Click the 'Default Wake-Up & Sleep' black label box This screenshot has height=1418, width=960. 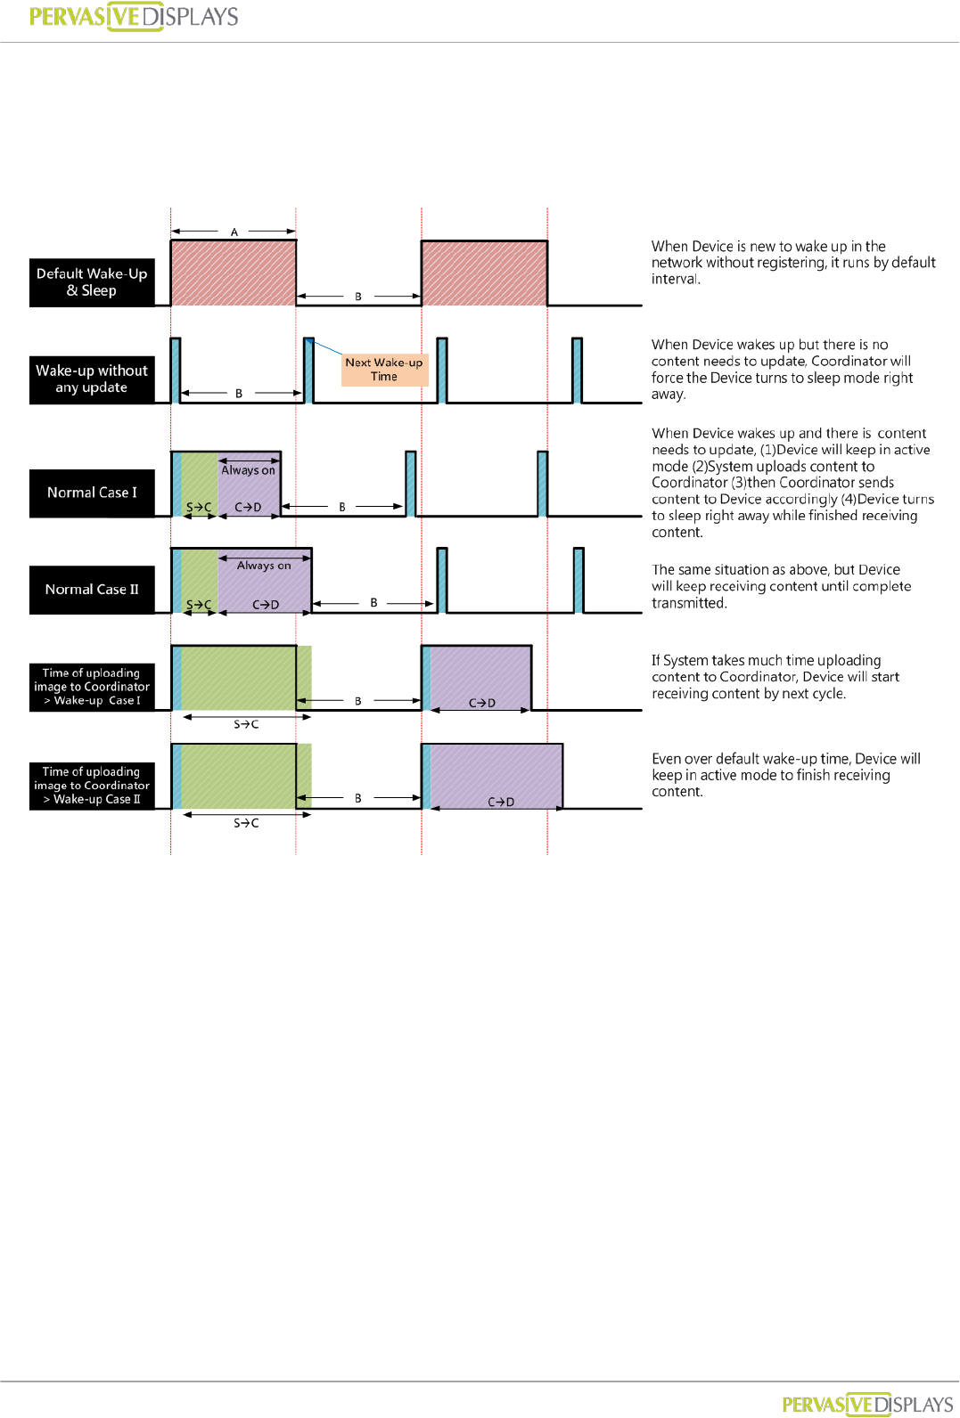92,282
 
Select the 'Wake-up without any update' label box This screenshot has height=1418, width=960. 92,379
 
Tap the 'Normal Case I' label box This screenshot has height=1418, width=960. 92,493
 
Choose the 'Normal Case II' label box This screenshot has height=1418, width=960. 92,590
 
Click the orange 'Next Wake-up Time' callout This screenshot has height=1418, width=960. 384,370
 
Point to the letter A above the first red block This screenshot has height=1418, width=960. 234,232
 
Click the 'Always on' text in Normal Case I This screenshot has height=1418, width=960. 248,470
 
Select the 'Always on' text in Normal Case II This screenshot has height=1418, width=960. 264,566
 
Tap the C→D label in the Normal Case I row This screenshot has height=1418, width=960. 248,508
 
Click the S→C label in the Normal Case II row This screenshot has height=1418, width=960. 199,605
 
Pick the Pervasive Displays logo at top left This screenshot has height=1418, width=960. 134,17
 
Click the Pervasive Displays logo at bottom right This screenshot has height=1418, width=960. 867,1405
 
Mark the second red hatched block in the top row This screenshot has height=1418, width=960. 484,273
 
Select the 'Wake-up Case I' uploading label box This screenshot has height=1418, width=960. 92,687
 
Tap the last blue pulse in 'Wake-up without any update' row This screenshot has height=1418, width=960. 577,371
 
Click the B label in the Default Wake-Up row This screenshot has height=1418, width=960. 358,297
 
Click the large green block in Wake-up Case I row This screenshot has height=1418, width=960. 238,678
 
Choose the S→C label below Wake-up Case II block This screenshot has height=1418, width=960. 246,823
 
